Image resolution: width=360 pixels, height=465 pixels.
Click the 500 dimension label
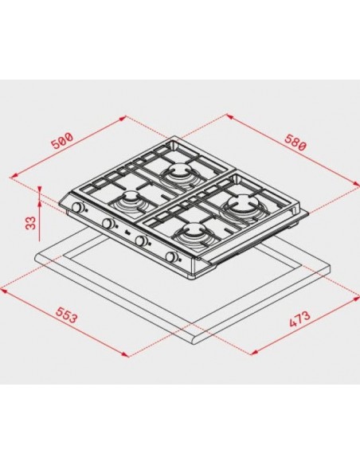tap(62, 140)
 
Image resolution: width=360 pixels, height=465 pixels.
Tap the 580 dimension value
tap(295, 143)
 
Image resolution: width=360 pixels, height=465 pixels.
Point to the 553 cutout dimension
tap(67, 315)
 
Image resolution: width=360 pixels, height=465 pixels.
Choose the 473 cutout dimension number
tap(299, 319)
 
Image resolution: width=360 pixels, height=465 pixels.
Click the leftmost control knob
tap(78, 207)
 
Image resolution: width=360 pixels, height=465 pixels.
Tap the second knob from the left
tap(108, 223)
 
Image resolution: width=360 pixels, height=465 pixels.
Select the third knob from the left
tap(140, 240)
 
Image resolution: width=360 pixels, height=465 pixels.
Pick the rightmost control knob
tap(171, 257)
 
